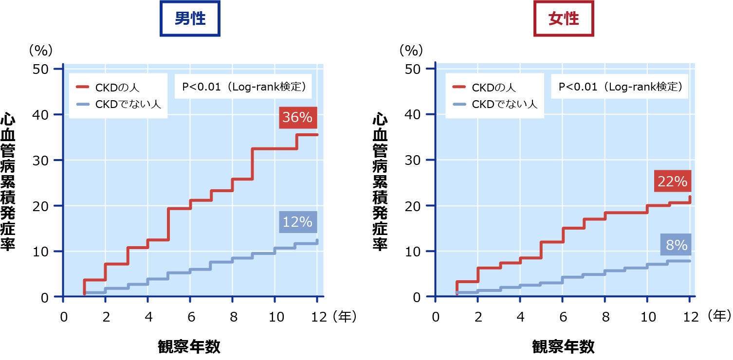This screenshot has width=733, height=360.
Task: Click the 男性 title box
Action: pyautogui.click(x=190, y=19)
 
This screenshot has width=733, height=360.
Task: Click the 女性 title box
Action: pyautogui.click(x=564, y=19)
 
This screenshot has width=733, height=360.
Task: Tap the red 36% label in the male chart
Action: pyautogui.click(x=298, y=118)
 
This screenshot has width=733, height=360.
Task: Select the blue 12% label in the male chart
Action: pyautogui.click(x=298, y=222)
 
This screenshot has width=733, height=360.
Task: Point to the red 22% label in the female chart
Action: pyautogui.click(x=672, y=181)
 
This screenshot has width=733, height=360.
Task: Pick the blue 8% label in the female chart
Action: pyautogui.click(x=676, y=245)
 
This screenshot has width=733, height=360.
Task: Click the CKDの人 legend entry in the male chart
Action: pyautogui.click(x=115, y=88)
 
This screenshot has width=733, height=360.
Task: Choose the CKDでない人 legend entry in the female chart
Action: pyautogui.click(x=496, y=104)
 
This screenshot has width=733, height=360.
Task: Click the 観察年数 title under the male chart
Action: pyautogui.click(x=189, y=347)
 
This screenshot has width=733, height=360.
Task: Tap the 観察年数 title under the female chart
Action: pyautogui.click(x=563, y=347)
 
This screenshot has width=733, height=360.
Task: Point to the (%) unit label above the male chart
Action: pyautogui.click(x=40, y=50)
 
